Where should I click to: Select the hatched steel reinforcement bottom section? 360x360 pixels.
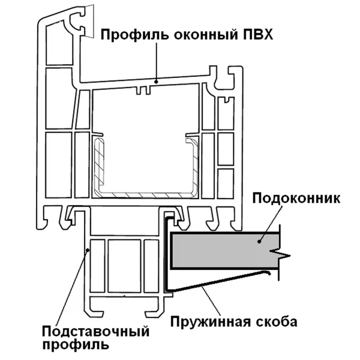click(x=144, y=195)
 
